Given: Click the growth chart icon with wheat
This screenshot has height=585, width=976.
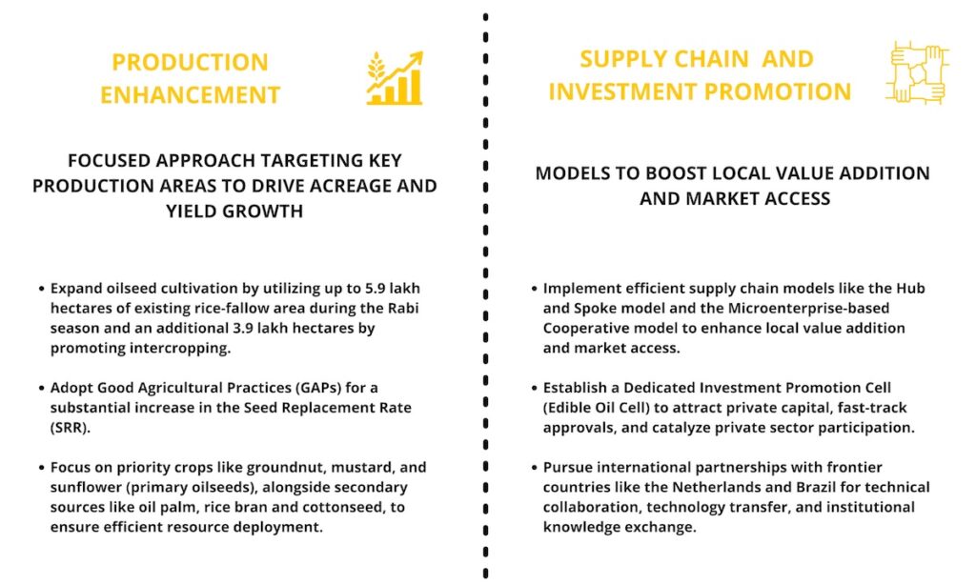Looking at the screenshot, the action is tap(395, 78).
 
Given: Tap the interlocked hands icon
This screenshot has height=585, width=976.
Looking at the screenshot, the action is tap(918, 72).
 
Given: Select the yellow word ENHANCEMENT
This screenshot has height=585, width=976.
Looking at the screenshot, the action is tap(191, 94).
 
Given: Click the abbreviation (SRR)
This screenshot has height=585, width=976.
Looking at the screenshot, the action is tap(71, 428).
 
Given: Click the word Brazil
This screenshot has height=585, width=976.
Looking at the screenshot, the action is tap(813, 487).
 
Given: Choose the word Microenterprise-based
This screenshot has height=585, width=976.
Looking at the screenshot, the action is tap(808, 308).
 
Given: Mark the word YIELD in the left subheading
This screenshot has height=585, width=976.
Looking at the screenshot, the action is tap(186, 211).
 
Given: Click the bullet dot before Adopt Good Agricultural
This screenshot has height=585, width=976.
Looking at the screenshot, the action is tap(42, 389).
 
